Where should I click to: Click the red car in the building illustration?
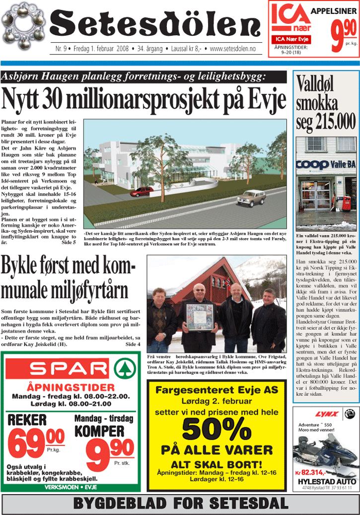click(142, 191)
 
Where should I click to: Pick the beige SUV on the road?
click(251, 197)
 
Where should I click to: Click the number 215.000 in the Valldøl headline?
click(334, 121)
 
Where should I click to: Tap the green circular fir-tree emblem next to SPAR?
click(125, 369)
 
